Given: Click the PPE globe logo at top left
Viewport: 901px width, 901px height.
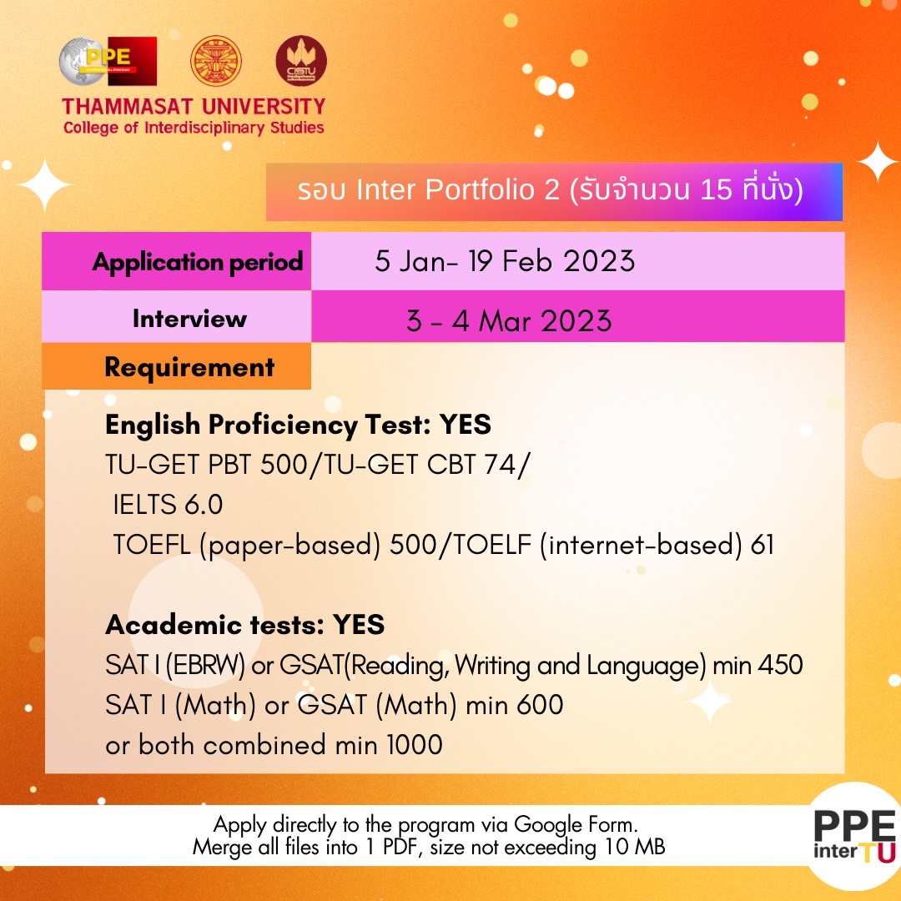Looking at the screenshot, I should (x=107, y=62).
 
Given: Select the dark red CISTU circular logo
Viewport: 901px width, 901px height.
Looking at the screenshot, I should (x=301, y=61).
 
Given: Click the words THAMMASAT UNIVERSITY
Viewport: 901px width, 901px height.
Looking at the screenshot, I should (x=193, y=107).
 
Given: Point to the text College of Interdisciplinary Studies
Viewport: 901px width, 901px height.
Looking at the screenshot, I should (x=193, y=128).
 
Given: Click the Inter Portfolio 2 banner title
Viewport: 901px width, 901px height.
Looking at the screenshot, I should (x=551, y=191).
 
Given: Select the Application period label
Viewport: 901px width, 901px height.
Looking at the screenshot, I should (x=197, y=262).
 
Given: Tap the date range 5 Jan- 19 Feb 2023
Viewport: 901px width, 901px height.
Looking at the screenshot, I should (x=505, y=262).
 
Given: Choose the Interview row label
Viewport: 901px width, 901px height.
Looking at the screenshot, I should (x=189, y=318).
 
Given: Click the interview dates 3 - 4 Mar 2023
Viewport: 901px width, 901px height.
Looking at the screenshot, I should (x=509, y=321).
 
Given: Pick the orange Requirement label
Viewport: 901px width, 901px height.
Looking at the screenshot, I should (x=189, y=367).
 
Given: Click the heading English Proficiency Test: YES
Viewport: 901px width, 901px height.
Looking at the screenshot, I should (x=298, y=425).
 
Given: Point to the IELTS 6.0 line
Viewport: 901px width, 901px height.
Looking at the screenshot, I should (x=169, y=505).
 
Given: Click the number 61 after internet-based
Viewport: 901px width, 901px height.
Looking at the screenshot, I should (x=762, y=545).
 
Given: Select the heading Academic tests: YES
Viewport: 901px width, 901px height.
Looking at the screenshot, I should (x=244, y=624).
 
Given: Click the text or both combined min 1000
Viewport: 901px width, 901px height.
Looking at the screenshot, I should (x=274, y=744).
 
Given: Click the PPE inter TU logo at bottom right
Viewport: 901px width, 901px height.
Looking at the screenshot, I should (x=853, y=836).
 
